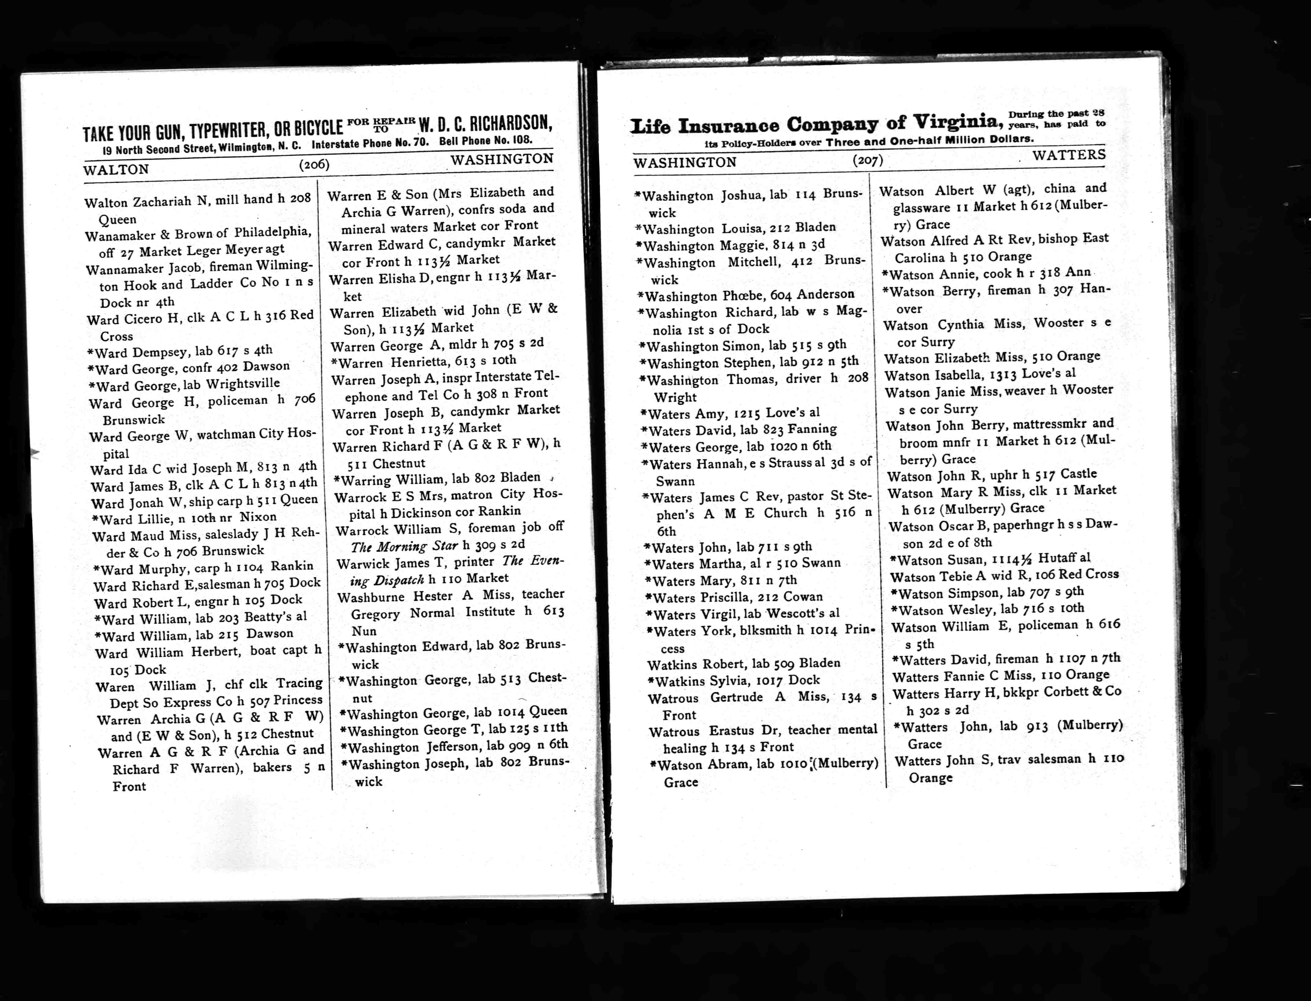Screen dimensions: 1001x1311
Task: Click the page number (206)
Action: (314, 165)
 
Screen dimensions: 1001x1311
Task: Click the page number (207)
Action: (867, 160)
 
